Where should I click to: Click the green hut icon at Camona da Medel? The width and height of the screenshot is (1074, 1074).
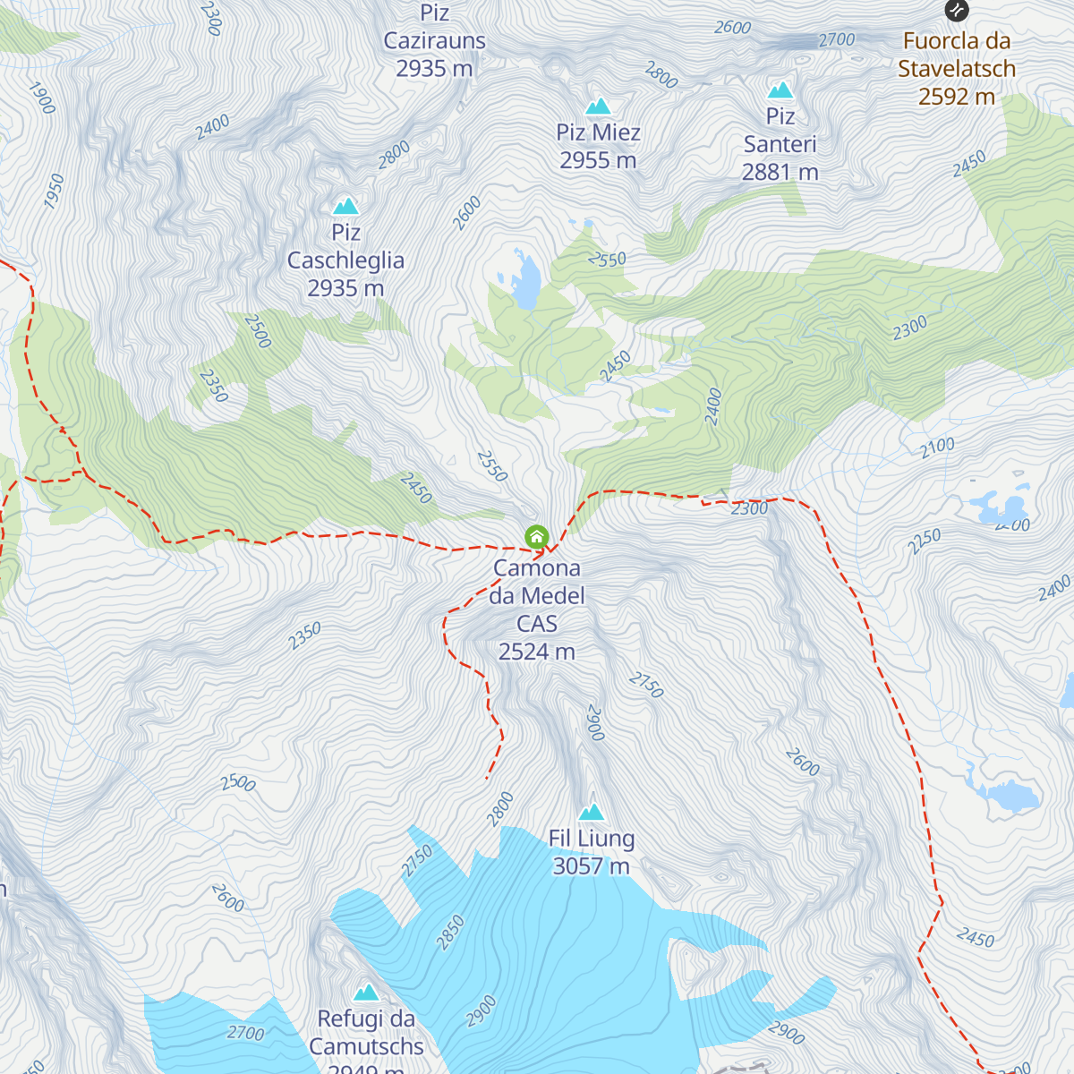pyautogui.click(x=536, y=537)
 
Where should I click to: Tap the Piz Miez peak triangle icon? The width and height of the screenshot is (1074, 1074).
pyautogui.click(x=598, y=107)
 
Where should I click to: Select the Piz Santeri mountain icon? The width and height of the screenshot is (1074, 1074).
pyautogui.click(x=780, y=90)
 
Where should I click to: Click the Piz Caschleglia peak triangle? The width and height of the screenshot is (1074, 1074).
pyautogui.click(x=345, y=207)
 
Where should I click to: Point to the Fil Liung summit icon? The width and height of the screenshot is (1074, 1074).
pyautogui.click(x=591, y=813)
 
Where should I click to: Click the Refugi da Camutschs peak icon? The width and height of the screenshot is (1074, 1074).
pyautogui.click(x=366, y=993)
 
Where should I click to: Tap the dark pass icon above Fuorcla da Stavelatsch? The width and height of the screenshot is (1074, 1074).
pyautogui.click(x=957, y=11)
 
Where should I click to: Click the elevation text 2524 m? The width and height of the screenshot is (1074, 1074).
pyautogui.click(x=536, y=652)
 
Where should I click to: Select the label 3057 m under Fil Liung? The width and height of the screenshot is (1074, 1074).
pyautogui.click(x=591, y=866)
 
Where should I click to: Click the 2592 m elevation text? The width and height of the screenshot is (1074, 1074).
pyautogui.click(x=957, y=97)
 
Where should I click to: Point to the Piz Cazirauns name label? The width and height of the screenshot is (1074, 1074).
pyautogui.click(x=434, y=40)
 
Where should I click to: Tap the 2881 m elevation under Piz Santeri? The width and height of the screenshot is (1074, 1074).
pyautogui.click(x=780, y=172)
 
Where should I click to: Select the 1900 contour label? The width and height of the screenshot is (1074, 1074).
pyautogui.click(x=42, y=98)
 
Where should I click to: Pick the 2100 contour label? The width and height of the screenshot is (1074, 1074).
pyautogui.click(x=938, y=447)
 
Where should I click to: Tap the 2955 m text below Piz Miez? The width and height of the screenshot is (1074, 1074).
pyautogui.click(x=598, y=160)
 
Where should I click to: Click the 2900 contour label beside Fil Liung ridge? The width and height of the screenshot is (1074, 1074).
pyautogui.click(x=595, y=723)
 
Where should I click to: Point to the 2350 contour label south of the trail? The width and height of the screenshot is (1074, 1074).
pyautogui.click(x=304, y=636)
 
